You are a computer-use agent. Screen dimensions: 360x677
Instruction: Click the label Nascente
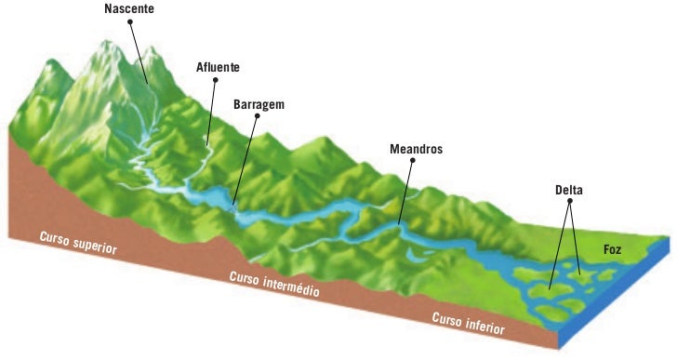130,8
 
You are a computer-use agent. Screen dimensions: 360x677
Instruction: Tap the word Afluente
219,67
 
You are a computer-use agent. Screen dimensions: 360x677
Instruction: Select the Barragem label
259,104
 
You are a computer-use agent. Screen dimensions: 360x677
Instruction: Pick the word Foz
611,250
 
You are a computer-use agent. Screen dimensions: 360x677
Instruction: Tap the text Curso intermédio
273,284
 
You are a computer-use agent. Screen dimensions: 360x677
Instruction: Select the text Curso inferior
468,323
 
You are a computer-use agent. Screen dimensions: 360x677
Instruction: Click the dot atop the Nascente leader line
130,21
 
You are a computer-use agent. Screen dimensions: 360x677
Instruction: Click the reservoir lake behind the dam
216,196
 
